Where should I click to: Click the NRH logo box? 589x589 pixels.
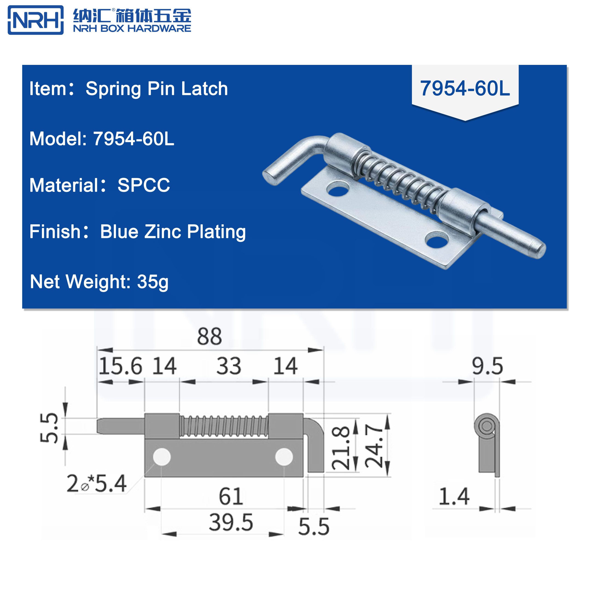click(x=35, y=20)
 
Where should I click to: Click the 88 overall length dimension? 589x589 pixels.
click(x=209, y=337)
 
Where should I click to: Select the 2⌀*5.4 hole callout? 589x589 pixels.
click(x=96, y=484)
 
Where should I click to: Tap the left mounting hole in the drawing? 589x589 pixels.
click(x=162, y=457)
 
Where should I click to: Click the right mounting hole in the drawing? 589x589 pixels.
click(x=284, y=457)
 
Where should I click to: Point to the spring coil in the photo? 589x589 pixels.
click(x=399, y=183)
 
